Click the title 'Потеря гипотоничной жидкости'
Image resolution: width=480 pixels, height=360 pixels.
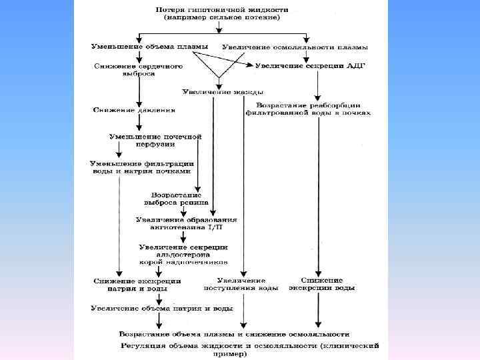pos(222,11)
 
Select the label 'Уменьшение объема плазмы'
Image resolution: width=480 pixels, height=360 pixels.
pos(150,46)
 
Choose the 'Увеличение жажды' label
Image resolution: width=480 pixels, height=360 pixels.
pos(222,91)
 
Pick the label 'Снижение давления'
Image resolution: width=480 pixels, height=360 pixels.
pos(135,109)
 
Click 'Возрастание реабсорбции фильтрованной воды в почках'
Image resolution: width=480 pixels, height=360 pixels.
pos(308,109)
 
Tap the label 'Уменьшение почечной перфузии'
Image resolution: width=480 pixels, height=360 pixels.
pos(155,140)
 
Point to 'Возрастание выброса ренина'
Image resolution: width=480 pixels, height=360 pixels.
pos(177,198)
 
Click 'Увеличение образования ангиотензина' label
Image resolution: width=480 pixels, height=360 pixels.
pos(187,223)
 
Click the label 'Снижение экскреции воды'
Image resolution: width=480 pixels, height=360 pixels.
pos(322,284)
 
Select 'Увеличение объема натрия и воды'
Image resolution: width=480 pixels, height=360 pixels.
pos(162,309)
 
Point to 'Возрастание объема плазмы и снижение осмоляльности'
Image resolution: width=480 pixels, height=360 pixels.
pos(234,333)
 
